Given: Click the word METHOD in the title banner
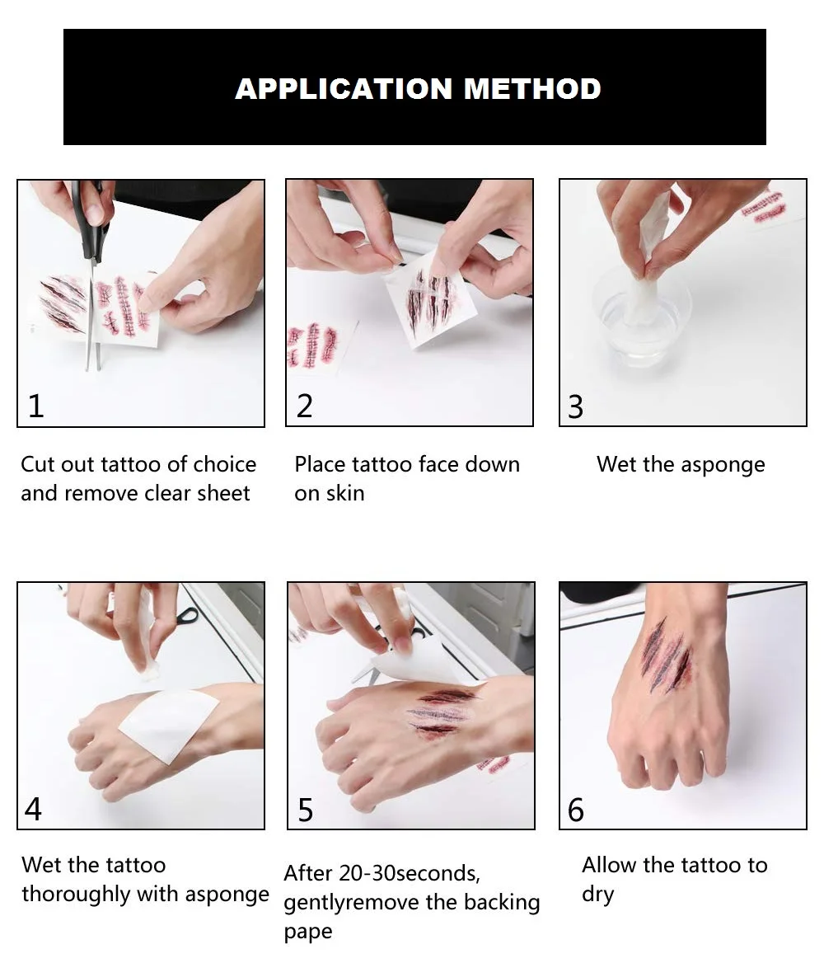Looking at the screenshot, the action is tap(531, 88).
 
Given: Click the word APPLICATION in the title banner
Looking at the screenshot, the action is tap(344, 88).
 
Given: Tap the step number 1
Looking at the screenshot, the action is tap(35, 406).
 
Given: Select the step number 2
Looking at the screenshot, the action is tap(305, 406).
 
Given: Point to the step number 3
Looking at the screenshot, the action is tap(575, 407).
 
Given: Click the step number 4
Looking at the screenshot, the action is tap(33, 809).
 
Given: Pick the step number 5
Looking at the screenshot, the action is tap(305, 810).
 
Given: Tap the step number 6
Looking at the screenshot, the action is tap(576, 810).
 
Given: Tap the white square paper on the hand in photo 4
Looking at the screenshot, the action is tap(169, 725).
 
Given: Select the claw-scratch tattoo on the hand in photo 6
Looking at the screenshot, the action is tap(666, 655).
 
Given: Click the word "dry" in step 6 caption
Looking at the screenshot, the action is tap(597, 895).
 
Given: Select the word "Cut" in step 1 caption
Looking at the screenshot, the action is tap(36, 464).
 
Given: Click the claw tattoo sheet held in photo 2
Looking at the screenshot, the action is tap(430, 298).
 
